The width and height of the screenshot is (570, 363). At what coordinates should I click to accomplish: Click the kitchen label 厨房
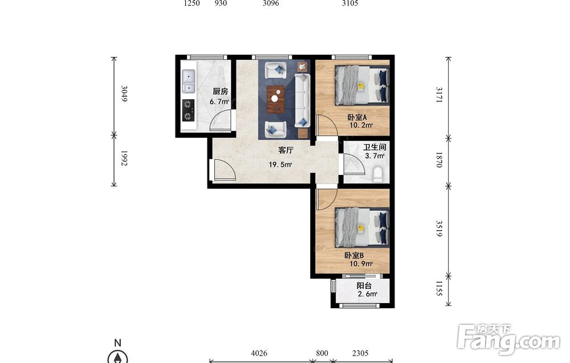tap(220, 92)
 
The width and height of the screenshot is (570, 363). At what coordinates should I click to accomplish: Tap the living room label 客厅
tap(286, 150)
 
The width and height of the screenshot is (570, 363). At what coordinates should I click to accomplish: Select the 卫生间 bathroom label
tap(374, 147)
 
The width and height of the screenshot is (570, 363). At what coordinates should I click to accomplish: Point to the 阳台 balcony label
tap(364, 286)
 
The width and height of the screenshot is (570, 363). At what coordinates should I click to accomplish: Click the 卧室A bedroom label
tap(357, 117)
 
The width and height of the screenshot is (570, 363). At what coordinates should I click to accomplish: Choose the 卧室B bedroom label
tap(354, 255)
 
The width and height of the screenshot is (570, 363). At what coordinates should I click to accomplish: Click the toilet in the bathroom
tap(378, 174)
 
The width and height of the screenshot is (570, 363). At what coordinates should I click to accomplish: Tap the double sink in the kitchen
tap(188, 81)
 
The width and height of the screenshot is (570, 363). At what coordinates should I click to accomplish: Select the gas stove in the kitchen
tap(188, 111)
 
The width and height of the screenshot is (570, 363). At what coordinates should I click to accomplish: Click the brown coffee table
tap(276, 99)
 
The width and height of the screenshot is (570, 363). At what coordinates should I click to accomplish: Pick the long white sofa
tap(302, 100)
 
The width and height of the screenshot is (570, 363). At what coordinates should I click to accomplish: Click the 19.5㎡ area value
tap(280, 165)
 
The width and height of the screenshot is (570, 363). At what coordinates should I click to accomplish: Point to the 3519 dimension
tap(439, 229)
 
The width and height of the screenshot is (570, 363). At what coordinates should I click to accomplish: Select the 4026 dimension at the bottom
tap(259, 353)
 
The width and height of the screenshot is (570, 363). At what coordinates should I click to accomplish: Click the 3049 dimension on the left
tap(124, 93)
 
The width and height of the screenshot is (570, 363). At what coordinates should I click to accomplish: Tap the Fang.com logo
tap(508, 339)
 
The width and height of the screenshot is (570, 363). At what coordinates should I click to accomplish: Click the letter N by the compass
tap(117, 342)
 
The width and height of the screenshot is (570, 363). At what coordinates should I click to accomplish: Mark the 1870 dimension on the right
tap(439, 160)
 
